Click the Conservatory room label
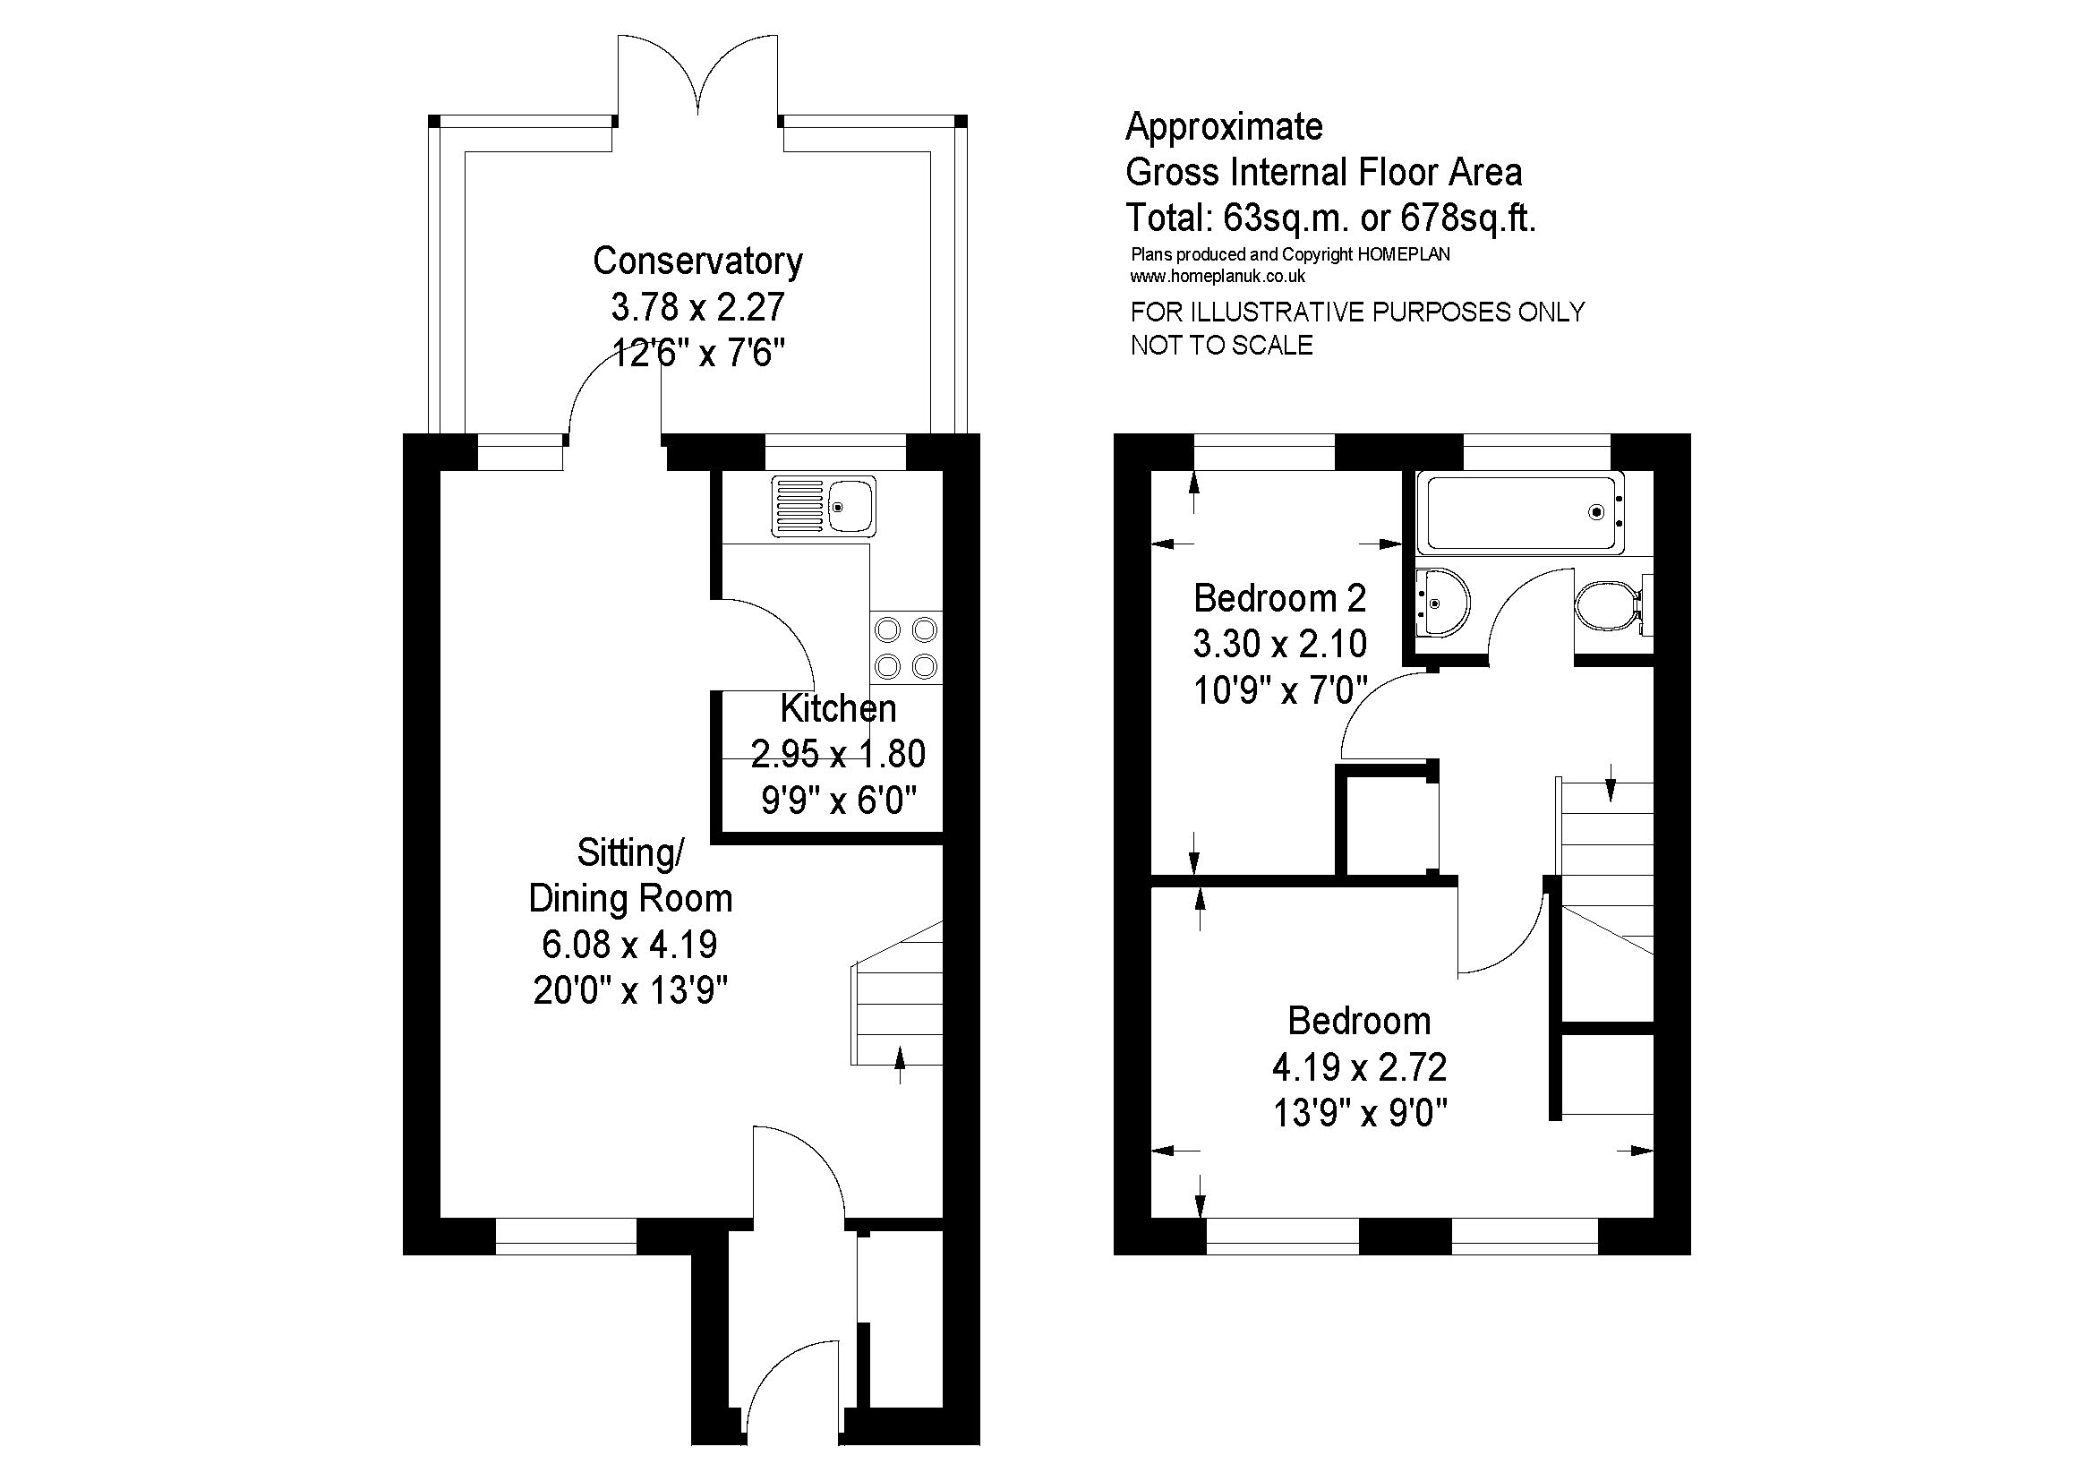697,261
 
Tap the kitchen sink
824,506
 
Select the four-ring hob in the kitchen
907,648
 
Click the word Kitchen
838,708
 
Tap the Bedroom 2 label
1279,598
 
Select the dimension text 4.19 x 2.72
1359,1066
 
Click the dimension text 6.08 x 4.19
629,944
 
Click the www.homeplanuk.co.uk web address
1218,277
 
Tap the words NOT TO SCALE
1222,346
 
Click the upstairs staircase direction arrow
1611,782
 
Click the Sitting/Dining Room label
630,876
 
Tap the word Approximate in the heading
1224,127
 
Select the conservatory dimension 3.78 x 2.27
697,307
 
